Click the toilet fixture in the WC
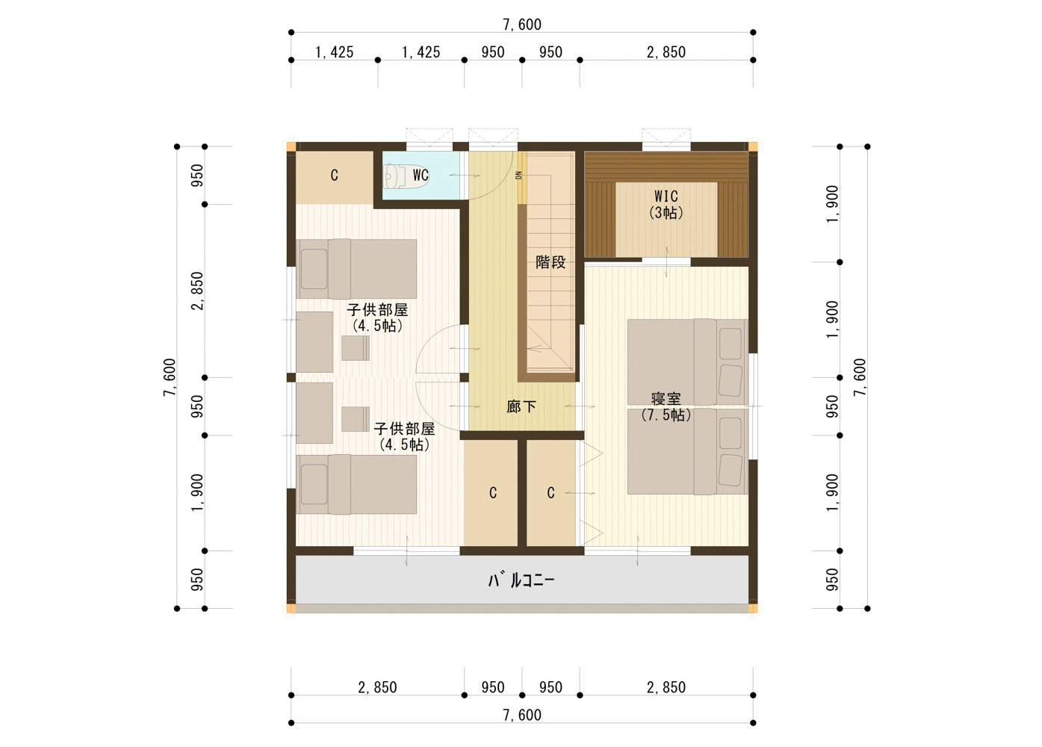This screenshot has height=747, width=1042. coord(406,176)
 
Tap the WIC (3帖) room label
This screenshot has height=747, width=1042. coord(666,204)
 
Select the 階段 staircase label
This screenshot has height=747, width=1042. coord(551,262)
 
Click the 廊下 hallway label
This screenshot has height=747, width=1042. coord(521,407)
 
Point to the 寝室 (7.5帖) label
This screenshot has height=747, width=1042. coord(666,406)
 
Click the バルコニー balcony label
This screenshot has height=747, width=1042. coord(521,580)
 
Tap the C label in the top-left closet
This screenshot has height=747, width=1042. coord(334,176)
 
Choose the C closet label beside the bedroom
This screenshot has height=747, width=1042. coord(551,492)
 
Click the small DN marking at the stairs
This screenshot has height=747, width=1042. coord(518,176)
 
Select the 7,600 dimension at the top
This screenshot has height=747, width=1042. coord(522,24)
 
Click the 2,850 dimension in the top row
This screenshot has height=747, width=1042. coord(666,52)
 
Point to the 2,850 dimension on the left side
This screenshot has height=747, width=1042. coord(197,291)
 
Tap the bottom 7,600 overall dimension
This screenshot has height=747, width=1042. coord(522,715)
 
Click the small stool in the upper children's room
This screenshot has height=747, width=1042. coord(356,348)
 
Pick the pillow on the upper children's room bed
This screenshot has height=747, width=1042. coord(314,269)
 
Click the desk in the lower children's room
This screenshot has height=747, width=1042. coord(314,413)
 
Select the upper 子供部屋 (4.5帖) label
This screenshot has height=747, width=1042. coord(377,317)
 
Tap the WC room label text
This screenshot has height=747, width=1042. coord(421,176)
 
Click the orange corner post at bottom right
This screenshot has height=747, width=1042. coord(753,608)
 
